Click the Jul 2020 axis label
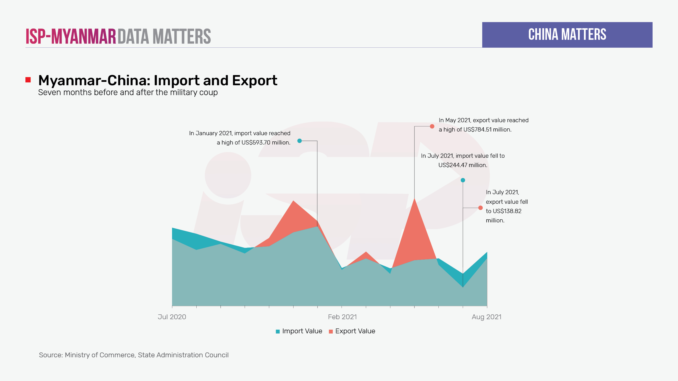tap(172, 317)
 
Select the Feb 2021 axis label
tap(342, 317)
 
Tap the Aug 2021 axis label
tap(486, 317)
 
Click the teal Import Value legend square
tap(278, 331)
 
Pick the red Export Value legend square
tap(331, 331)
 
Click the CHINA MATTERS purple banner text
tap(567, 35)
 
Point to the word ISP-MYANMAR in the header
tap(71, 36)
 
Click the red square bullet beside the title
tap(28, 80)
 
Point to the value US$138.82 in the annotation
tap(507, 211)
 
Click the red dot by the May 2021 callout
tap(432, 126)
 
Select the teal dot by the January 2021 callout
tap(299, 141)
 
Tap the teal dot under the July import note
tap(463, 180)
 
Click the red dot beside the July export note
tap(480, 208)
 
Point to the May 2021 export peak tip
tap(414, 199)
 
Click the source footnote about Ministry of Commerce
tap(134, 355)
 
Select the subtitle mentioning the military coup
tap(128, 93)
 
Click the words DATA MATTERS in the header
tap(164, 36)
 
